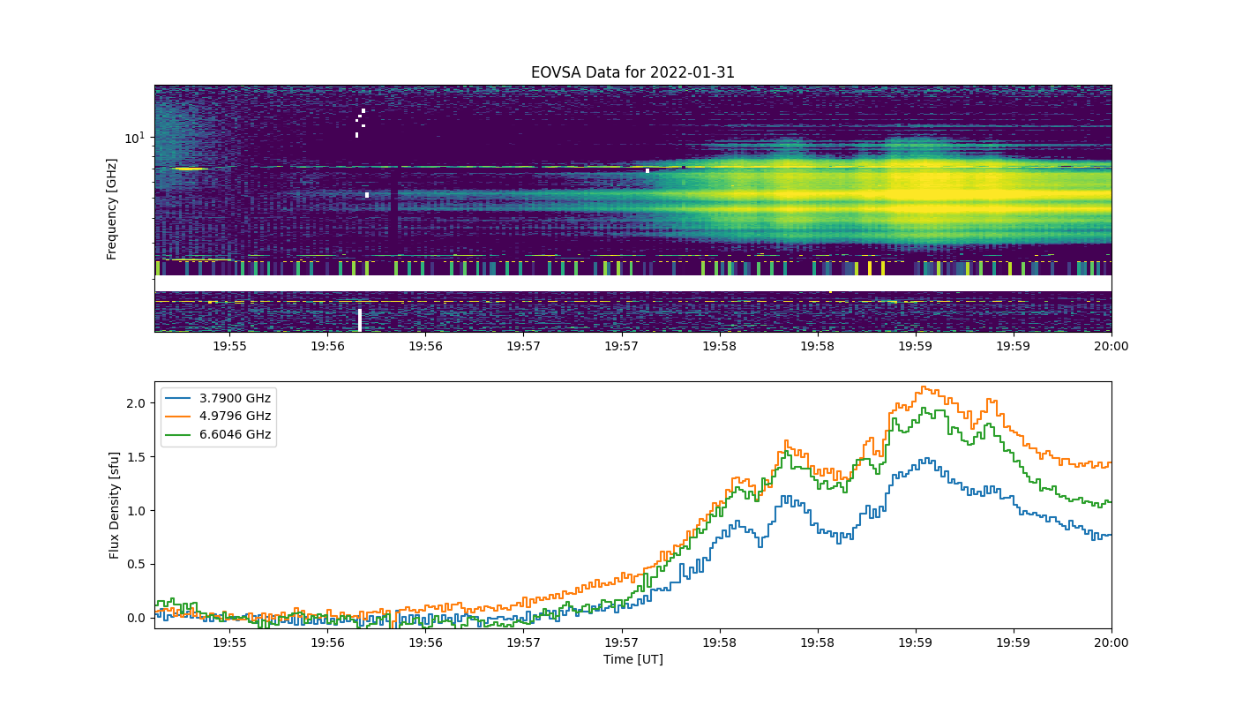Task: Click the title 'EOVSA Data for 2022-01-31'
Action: pos(632,72)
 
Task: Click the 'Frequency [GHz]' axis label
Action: pos(111,209)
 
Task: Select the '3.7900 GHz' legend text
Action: pos(235,398)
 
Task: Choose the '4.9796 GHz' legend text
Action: pos(235,416)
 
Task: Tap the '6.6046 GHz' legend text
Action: pos(235,434)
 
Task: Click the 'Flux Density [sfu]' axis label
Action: pos(114,505)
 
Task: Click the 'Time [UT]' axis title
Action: pos(633,659)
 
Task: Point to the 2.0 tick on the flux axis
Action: pos(136,403)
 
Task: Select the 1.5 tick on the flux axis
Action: pos(136,457)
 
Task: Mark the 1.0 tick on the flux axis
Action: pos(136,511)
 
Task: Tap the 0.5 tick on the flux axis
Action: pos(136,564)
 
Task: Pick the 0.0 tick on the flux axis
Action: pos(136,618)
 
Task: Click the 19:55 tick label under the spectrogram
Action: pos(229,346)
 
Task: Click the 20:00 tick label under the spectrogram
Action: pos(1111,346)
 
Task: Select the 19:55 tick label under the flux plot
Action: pos(229,642)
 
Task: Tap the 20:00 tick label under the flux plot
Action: pos(1111,642)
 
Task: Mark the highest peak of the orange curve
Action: pos(924,387)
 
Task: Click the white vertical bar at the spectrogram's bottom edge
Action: pos(360,319)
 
